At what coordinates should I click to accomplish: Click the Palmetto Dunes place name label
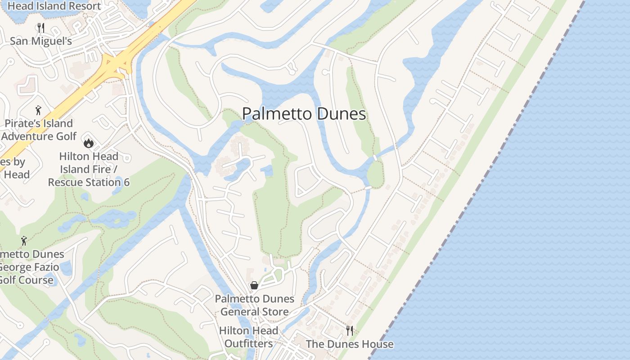tap(304, 114)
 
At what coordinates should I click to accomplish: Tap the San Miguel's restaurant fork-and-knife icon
tap(41, 28)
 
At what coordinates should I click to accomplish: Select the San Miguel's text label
tap(41, 41)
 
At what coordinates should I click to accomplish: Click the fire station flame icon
tap(88, 143)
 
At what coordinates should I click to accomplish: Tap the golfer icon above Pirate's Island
tap(38, 110)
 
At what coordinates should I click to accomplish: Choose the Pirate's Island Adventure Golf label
tap(39, 130)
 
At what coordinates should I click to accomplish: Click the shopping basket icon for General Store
tap(254, 286)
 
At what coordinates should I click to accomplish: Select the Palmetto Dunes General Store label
tap(254, 305)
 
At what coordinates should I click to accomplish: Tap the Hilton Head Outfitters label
tap(248, 337)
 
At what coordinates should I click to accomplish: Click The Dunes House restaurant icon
tap(350, 331)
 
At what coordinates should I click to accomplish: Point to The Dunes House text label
tap(350, 344)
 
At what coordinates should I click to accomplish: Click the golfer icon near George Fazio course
tap(24, 241)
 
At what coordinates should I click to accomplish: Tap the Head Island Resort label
tap(54, 6)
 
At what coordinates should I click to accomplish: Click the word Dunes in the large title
tap(341, 114)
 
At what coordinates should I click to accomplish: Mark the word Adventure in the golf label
tap(33, 136)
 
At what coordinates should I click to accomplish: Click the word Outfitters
tap(248, 344)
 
